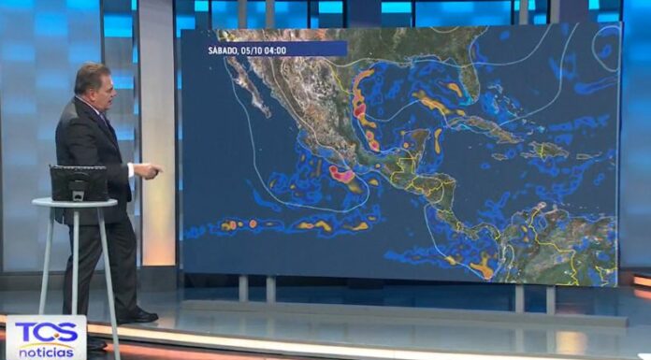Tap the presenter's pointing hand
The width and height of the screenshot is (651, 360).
(x=152, y=170)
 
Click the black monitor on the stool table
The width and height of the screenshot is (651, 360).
(x=79, y=182)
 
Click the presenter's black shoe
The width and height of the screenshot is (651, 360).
(x=137, y=315)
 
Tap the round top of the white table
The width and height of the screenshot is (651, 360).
(x=75, y=202)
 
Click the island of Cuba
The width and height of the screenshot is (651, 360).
(x=486, y=127)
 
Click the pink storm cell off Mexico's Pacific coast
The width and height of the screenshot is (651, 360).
(x=341, y=174)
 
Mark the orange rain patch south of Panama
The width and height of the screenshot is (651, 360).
(x=481, y=269)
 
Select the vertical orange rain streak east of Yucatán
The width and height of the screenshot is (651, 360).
(x=437, y=140)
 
